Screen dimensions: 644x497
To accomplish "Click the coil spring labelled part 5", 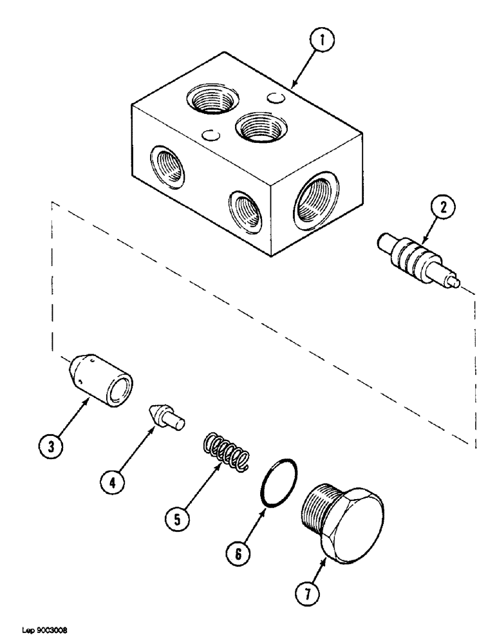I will (226, 450).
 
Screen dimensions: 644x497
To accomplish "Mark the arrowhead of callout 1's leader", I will (294, 86).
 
